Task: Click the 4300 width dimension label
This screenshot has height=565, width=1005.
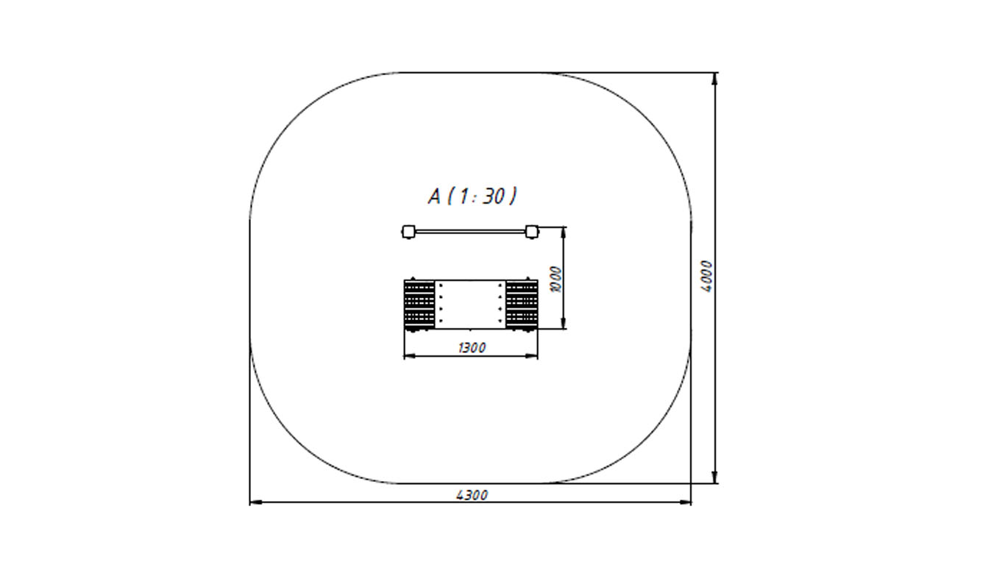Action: pyautogui.click(x=472, y=495)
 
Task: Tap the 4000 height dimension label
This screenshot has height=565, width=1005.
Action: pyautogui.click(x=706, y=277)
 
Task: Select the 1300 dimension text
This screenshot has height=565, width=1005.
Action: pyautogui.click(x=472, y=348)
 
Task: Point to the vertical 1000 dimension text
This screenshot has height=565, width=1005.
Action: pyautogui.click(x=555, y=279)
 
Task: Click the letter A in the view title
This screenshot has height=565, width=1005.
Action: pyautogui.click(x=434, y=196)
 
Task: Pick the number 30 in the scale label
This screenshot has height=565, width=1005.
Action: pyautogui.click(x=493, y=196)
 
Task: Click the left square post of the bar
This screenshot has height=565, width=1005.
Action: pyautogui.click(x=408, y=232)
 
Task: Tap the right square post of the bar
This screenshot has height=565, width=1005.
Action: pyautogui.click(x=532, y=232)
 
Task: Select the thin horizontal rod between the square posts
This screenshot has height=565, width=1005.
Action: pyautogui.click(x=469, y=232)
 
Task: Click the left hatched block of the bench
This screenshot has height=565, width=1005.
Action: pyautogui.click(x=419, y=305)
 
